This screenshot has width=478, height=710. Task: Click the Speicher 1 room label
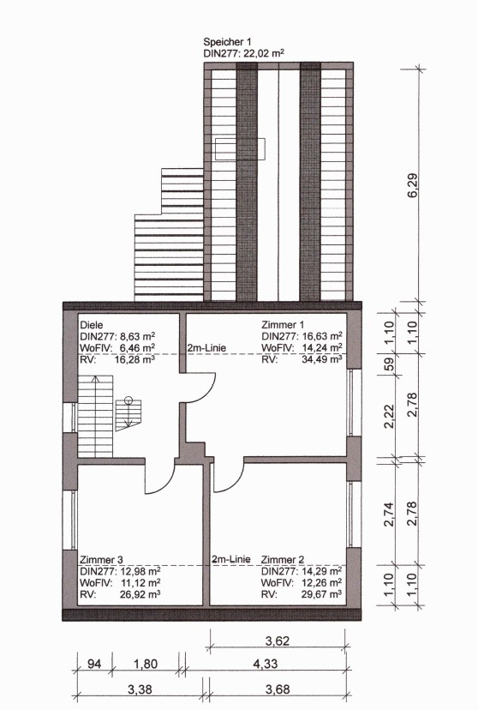(x=227, y=42)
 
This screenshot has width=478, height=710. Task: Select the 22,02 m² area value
(x=264, y=53)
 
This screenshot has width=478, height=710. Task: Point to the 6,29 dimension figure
(x=413, y=185)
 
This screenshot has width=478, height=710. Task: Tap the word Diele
(x=92, y=325)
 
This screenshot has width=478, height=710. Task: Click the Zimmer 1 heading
(x=283, y=325)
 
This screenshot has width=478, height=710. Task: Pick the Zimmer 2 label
(x=283, y=560)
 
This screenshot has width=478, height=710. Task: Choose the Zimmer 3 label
(x=101, y=560)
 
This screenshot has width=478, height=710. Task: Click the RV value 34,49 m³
(x=321, y=359)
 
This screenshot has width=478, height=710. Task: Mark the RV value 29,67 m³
(x=321, y=594)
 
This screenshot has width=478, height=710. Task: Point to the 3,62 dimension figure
(x=278, y=641)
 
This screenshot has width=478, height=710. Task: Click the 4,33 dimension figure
(x=265, y=664)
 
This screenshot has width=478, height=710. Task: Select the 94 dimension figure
(x=94, y=664)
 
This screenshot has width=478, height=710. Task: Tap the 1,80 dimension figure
(x=146, y=664)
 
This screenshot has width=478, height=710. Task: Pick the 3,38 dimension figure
(x=140, y=689)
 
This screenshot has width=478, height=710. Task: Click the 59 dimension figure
(x=389, y=364)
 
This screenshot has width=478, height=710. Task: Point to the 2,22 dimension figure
(x=389, y=416)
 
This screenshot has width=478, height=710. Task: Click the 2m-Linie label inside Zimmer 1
(x=206, y=348)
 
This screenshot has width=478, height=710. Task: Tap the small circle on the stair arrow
(x=128, y=400)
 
